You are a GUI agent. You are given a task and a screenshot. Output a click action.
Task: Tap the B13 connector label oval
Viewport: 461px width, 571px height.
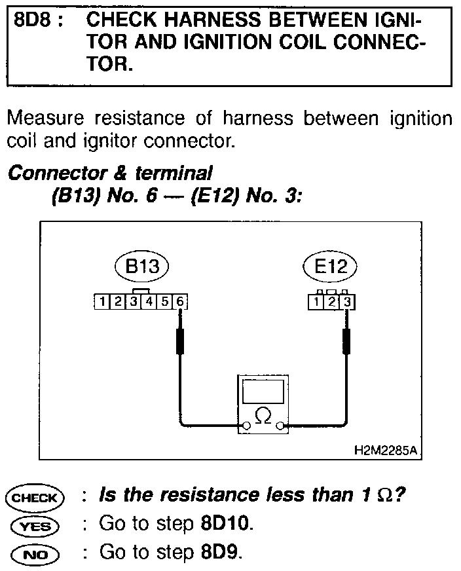141,268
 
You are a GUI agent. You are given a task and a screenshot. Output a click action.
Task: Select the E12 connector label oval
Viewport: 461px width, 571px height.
331,268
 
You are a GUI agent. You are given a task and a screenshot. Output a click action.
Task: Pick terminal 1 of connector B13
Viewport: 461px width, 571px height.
103,302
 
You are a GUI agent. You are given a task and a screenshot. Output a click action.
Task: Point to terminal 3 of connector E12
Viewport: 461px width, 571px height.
347,302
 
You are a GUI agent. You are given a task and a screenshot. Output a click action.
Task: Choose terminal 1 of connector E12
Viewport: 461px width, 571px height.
316,302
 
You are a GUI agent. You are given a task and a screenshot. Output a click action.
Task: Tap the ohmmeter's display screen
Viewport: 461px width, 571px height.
263,391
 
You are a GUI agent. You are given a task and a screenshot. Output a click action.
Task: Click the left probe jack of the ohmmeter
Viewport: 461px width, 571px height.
246,426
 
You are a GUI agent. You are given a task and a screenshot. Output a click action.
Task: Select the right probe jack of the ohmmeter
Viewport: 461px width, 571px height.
281,426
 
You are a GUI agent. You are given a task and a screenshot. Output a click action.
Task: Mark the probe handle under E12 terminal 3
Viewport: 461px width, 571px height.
346,342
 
